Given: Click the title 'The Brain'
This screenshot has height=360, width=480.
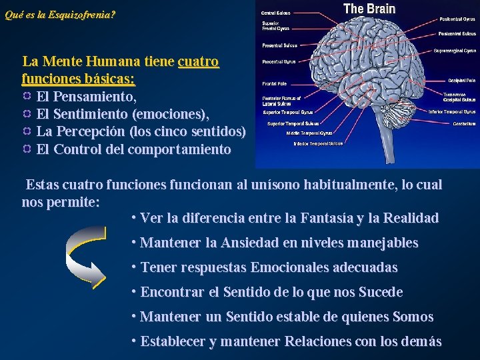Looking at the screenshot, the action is [369, 9].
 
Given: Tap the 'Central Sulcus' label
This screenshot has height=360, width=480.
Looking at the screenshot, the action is [276, 13].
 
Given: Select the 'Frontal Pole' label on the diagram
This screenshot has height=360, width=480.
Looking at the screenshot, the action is [273, 84].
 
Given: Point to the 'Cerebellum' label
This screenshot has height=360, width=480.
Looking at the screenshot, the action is [465, 123].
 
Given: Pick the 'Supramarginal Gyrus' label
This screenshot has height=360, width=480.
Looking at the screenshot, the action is [455, 50].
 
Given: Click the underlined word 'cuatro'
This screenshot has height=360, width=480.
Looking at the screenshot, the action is [199, 62].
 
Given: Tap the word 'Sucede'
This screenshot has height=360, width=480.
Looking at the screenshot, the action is [381, 292].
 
